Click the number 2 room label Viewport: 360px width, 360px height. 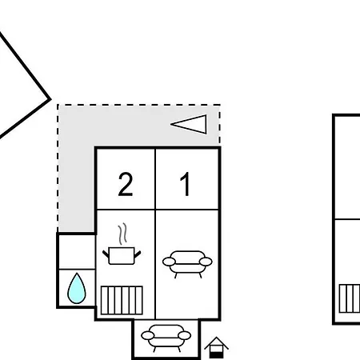click(126, 184)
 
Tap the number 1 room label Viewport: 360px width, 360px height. click(186, 184)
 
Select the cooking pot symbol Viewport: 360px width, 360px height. click(122, 256)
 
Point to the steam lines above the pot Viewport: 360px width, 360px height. click(122, 234)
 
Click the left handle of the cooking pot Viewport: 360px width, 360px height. click(106, 254)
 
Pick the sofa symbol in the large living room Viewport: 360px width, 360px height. click(187, 264)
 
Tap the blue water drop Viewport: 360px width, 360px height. click(77, 290)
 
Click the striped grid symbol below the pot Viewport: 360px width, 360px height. click(122, 300)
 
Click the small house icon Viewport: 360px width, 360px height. click(216, 347)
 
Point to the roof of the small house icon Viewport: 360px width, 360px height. click(216, 343)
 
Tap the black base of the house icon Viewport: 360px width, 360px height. click(216, 355)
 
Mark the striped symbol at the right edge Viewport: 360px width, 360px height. click(350, 298)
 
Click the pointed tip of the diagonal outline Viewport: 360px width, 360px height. click(50, 99)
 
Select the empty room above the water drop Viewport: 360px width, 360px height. click(77, 252)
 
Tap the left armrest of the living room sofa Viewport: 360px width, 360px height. click(169, 262)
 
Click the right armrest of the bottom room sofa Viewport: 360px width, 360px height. click(184, 336)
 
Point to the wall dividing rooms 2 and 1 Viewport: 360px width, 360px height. click(155, 179)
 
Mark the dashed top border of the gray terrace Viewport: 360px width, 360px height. click(138, 105)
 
